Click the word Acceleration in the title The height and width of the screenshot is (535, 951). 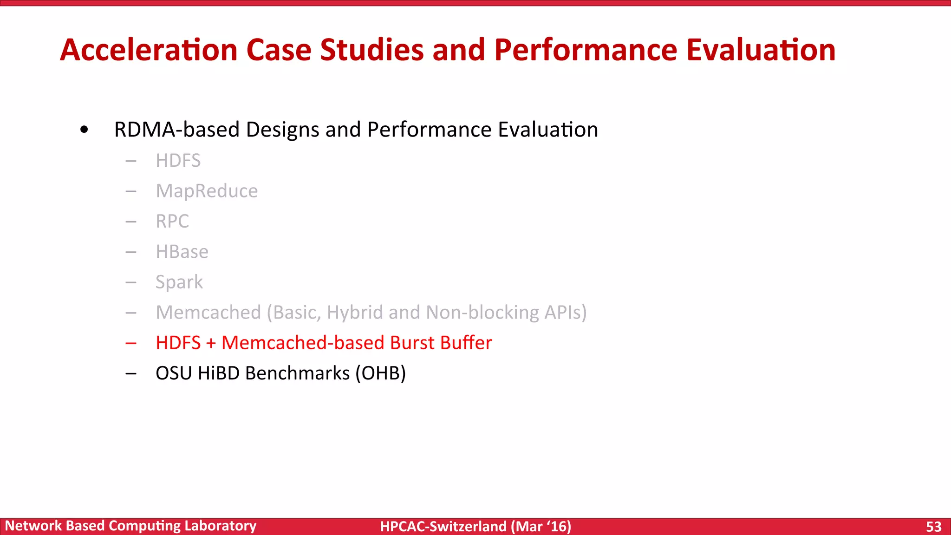click(x=149, y=50)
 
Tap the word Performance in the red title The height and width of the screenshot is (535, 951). click(x=586, y=50)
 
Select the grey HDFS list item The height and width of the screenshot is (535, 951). click(x=178, y=161)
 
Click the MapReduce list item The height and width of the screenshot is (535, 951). click(x=207, y=191)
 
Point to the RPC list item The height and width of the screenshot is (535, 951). click(x=172, y=221)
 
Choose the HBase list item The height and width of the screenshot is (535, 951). click(x=182, y=252)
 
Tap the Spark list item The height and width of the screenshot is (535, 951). click(x=179, y=282)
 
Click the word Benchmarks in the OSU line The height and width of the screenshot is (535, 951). click(x=297, y=373)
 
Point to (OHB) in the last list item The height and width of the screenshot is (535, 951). click(x=381, y=373)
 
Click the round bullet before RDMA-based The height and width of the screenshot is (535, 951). click(x=84, y=130)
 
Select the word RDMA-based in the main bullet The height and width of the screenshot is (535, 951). click(x=176, y=130)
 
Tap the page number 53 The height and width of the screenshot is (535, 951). click(x=933, y=527)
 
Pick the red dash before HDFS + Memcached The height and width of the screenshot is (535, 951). click(x=131, y=343)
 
